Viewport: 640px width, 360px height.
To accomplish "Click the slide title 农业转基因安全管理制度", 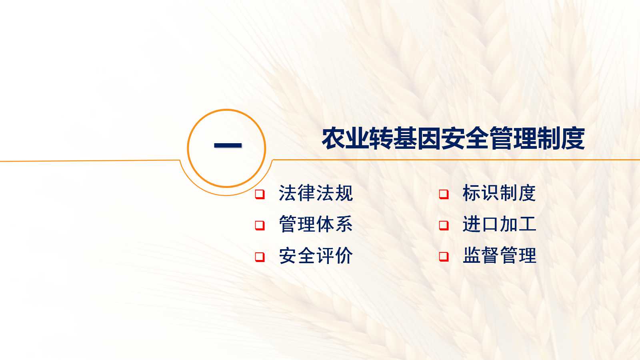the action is (453, 139).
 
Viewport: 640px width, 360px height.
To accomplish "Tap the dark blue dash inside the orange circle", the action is (228, 145).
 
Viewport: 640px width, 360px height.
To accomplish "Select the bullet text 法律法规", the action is (316, 193).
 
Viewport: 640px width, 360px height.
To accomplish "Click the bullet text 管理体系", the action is (316, 224).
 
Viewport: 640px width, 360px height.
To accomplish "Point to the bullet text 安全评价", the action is (316, 256).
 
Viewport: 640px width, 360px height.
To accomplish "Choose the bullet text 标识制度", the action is (499, 193).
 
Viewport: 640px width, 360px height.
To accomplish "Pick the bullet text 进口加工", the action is (499, 224).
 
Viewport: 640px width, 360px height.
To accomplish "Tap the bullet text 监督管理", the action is (499, 256).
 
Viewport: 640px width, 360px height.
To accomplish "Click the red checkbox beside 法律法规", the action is (260, 194).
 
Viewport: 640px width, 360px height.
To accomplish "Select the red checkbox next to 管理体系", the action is (260, 226).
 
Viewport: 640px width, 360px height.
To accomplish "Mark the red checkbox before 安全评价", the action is (260, 256).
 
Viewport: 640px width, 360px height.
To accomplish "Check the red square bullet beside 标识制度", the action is (444, 194).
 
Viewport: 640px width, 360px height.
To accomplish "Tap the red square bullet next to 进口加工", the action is (444, 226).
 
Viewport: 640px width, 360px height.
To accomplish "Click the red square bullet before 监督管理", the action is (444, 256).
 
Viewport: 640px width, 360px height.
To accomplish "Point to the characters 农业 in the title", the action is (345, 139).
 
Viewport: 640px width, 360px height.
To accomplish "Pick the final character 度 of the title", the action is (573, 139).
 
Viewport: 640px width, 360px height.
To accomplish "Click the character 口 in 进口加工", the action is (490, 224).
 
